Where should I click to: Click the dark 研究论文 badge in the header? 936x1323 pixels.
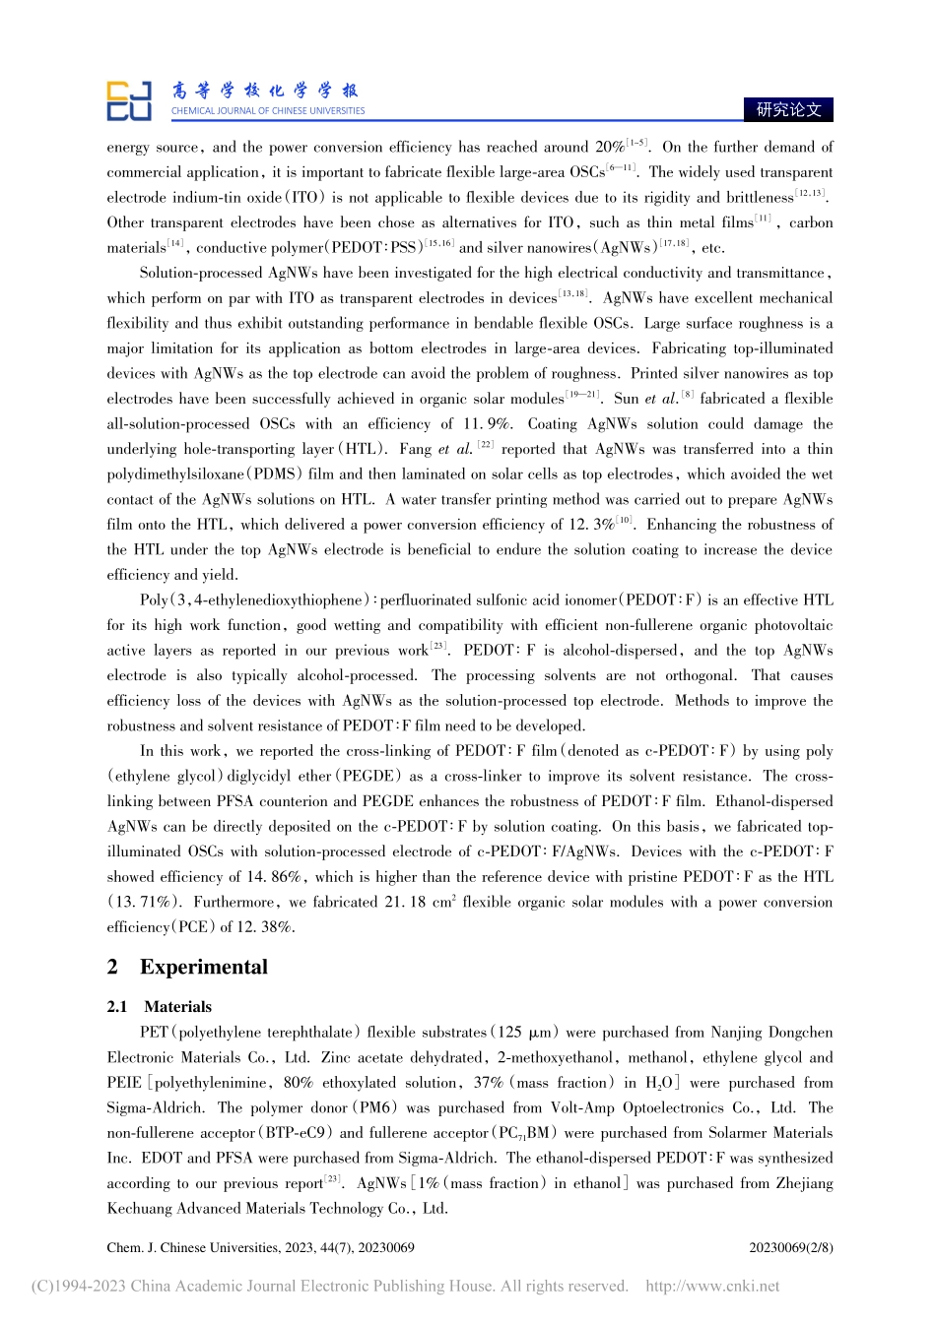tap(788, 109)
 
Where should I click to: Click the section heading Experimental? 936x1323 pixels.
tap(203, 967)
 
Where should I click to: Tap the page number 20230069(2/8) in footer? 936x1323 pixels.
tap(790, 1247)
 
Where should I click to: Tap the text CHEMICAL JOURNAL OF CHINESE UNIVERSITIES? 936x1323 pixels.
tap(268, 111)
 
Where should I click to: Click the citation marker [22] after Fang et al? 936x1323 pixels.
tap(485, 446)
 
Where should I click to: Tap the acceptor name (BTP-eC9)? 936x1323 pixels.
tap(297, 1133)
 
